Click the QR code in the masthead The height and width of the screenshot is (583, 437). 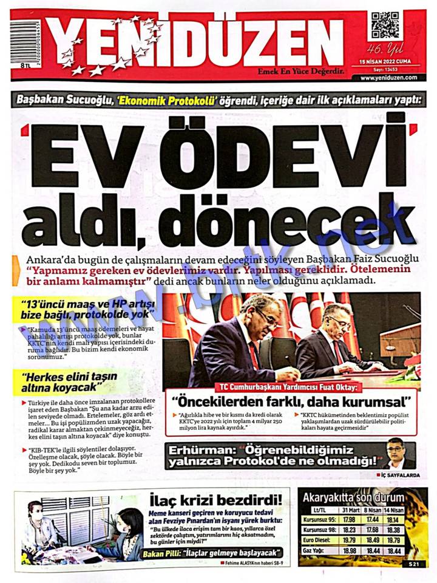coord(386,26)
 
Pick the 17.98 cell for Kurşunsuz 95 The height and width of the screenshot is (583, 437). coord(349,519)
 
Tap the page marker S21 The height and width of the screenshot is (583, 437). coord(413,564)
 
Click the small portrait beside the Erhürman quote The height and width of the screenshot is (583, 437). coord(398,452)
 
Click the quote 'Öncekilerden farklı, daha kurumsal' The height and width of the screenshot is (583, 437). coord(291,402)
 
